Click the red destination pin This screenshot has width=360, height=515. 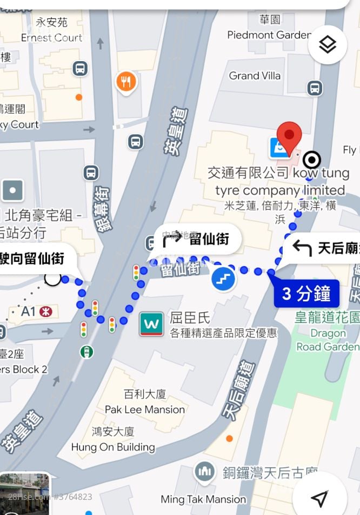pyautogui.click(x=289, y=136)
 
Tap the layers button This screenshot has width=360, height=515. pyautogui.click(x=327, y=45)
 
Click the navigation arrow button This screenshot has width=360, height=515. pyautogui.click(x=319, y=498)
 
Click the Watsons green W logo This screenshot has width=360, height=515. pyautogui.click(x=152, y=324)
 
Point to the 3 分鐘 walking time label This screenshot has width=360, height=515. pyautogui.click(x=306, y=294)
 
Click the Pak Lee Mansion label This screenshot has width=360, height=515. pyautogui.click(x=145, y=410)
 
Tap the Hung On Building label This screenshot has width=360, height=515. pyautogui.click(x=113, y=447)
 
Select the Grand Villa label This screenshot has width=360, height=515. pyautogui.click(x=255, y=76)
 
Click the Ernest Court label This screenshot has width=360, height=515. pyautogui.click(x=52, y=38)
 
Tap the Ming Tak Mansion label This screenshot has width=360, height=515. pyautogui.click(x=203, y=499)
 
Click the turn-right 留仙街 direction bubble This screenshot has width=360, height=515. pyautogui.click(x=198, y=239)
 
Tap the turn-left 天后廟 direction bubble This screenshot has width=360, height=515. pyautogui.click(x=322, y=248)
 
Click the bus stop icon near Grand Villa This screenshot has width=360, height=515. pyautogui.click(x=315, y=88)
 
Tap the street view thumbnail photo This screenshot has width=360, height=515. pyautogui.click(x=25, y=494)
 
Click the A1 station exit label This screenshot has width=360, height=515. pyautogui.click(x=28, y=312)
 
